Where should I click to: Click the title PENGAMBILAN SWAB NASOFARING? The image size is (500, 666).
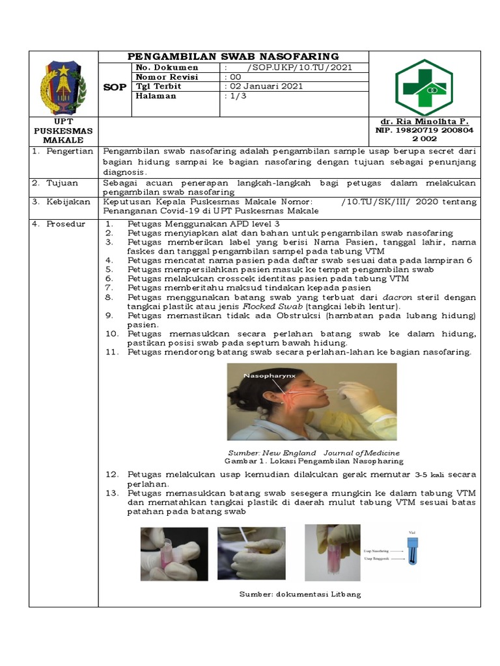233,57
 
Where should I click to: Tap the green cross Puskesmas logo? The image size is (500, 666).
424,87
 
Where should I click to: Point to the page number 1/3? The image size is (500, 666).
235,96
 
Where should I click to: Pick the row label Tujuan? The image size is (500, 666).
60,183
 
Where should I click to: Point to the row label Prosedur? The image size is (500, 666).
63,224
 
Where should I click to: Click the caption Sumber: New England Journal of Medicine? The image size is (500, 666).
314,452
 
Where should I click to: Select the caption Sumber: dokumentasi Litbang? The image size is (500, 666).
299,594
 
